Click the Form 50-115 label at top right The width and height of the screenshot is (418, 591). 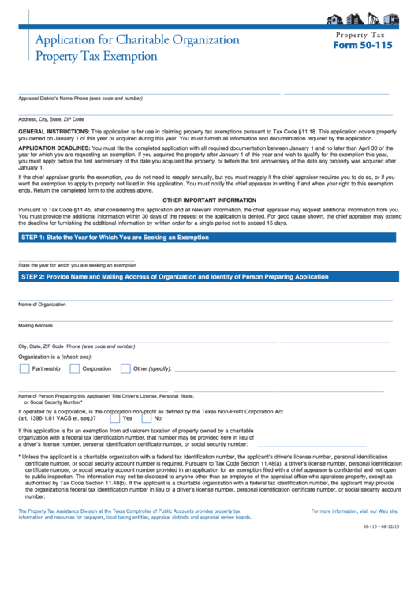point(362,46)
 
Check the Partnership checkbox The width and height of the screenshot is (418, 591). point(24,368)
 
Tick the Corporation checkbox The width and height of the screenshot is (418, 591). point(75,368)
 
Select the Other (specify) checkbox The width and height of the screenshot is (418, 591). point(125,368)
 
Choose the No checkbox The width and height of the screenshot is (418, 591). point(147,418)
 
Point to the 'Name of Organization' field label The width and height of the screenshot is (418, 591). point(43,304)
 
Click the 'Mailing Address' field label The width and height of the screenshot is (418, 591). point(35,325)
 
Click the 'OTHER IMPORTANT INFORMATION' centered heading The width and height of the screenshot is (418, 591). point(209,200)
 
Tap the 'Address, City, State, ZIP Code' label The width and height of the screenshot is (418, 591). point(51,119)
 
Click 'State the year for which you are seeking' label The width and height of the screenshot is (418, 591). point(77,265)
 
